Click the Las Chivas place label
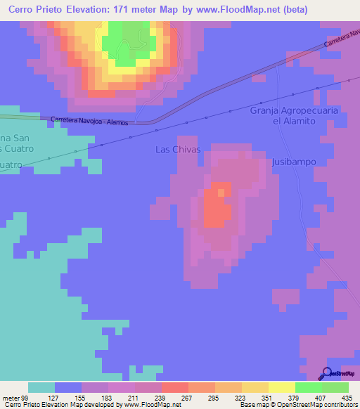pyautogui.click(x=178, y=150)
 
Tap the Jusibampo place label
pyautogui.click(x=292, y=162)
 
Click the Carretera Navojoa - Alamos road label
pyautogui.click(x=89, y=121)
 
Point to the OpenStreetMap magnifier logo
pyautogui.click(x=328, y=375)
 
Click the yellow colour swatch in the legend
pyautogui.click(x=282, y=387)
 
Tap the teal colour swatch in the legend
pyautogui.click(x=41, y=387)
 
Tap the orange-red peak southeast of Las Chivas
pyautogui.click(x=219, y=207)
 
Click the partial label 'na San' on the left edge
pyautogui.click(x=13, y=137)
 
